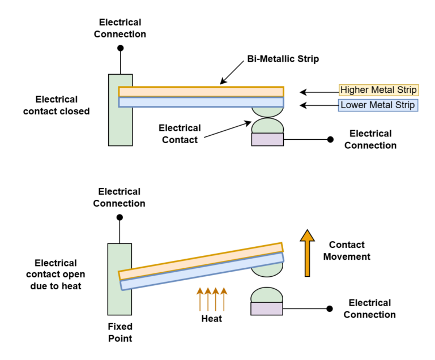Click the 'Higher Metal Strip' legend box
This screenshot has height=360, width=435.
point(378,90)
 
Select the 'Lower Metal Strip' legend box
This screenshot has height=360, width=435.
point(378,105)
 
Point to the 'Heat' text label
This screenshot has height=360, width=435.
point(212,319)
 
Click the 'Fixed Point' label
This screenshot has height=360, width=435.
point(120,332)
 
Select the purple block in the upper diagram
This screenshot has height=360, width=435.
point(267,139)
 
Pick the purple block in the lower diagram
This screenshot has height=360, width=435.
point(267,308)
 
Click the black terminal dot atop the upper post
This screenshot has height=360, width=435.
point(120,48)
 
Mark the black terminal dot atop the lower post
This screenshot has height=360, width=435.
point(120,217)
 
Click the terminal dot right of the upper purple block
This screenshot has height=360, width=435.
point(330,139)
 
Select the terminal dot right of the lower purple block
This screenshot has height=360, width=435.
point(330,308)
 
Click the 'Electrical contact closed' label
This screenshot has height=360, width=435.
point(57,105)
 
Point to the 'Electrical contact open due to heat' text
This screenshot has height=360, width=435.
point(56,275)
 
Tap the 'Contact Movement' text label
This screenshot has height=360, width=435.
point(349,251)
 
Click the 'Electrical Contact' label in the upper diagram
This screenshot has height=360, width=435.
point(179,134)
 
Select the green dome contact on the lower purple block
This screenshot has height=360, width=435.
point(267,295)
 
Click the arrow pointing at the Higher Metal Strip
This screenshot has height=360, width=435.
point(318,91)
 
